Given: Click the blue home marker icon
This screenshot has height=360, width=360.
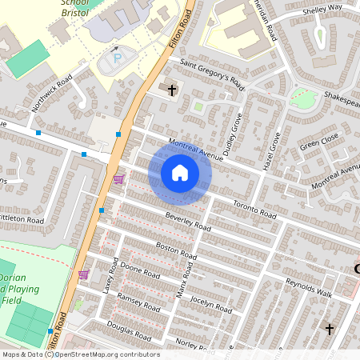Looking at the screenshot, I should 180,173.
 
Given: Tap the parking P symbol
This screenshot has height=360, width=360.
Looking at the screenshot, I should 118,58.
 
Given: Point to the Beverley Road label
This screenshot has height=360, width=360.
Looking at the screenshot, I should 188,222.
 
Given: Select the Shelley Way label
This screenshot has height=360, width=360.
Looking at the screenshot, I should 322,8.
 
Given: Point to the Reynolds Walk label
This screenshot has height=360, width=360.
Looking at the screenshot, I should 309,286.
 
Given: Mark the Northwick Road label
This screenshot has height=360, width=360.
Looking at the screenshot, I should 52,93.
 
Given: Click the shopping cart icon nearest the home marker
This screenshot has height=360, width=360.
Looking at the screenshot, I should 119,179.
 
